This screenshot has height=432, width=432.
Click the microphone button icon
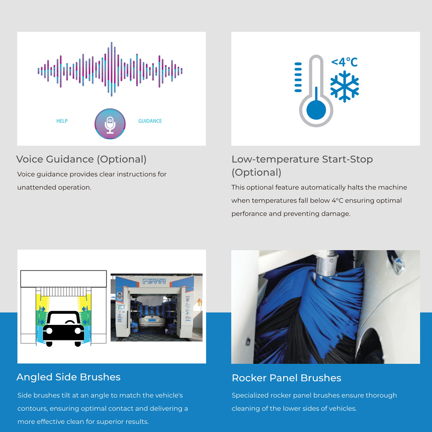click(x=110, y=124)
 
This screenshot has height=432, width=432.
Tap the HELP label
click(x=62, y=121)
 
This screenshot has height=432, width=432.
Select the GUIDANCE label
click(x=150, y=121)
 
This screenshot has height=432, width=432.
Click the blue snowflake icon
click(x=344, y=86)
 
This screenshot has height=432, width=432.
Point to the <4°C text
click(x=344, y=62)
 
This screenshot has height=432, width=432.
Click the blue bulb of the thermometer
click(x=316, y=110)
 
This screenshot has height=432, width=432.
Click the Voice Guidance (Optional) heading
click(x=81, y=159)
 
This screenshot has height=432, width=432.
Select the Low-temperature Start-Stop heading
click(x=302, y=166)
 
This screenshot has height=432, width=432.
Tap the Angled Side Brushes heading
click(x=69, y=377)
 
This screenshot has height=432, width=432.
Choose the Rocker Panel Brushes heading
click(x=286, y=378)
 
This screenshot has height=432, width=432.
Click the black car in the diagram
click(x=64, y=328)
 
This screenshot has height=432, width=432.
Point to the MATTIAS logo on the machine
click(x=154, y=281)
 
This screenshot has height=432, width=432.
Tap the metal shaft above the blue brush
click(x=327, y=263)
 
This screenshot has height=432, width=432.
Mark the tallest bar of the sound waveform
click(x=111, y=69)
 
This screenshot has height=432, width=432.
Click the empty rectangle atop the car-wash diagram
click(x=64, y=279)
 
